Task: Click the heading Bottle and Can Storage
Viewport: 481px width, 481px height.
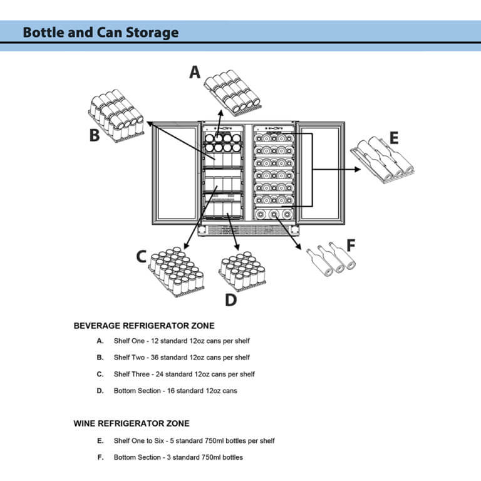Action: point(100,33)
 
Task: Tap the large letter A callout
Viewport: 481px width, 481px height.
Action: point(195,73)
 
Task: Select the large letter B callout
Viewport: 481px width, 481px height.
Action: point(94,135)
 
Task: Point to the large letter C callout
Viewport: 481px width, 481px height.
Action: point(142,256)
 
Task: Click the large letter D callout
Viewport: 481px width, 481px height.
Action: point(230,300)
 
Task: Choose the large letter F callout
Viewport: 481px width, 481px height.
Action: point(351,245)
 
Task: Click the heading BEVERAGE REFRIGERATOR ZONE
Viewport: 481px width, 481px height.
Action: point(144,326)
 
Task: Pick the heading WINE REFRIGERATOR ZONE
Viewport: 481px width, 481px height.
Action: point(132,423)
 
